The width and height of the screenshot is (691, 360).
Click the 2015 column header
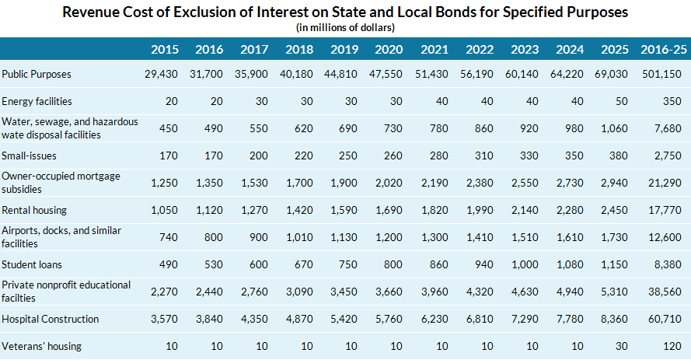click(165, 49)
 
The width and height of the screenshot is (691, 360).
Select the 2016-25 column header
click(664, 49)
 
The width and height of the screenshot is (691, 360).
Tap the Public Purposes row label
click(37, 75)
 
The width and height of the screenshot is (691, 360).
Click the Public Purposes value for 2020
click(386, 75)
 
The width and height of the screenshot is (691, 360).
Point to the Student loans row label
click(30, 264)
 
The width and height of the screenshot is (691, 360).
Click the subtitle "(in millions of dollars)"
click(345, 28)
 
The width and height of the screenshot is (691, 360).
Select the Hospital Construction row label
click(51, 319)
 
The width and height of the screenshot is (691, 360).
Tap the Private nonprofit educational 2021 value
click(431, 292)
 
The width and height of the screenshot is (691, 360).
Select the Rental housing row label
click(34, 210)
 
